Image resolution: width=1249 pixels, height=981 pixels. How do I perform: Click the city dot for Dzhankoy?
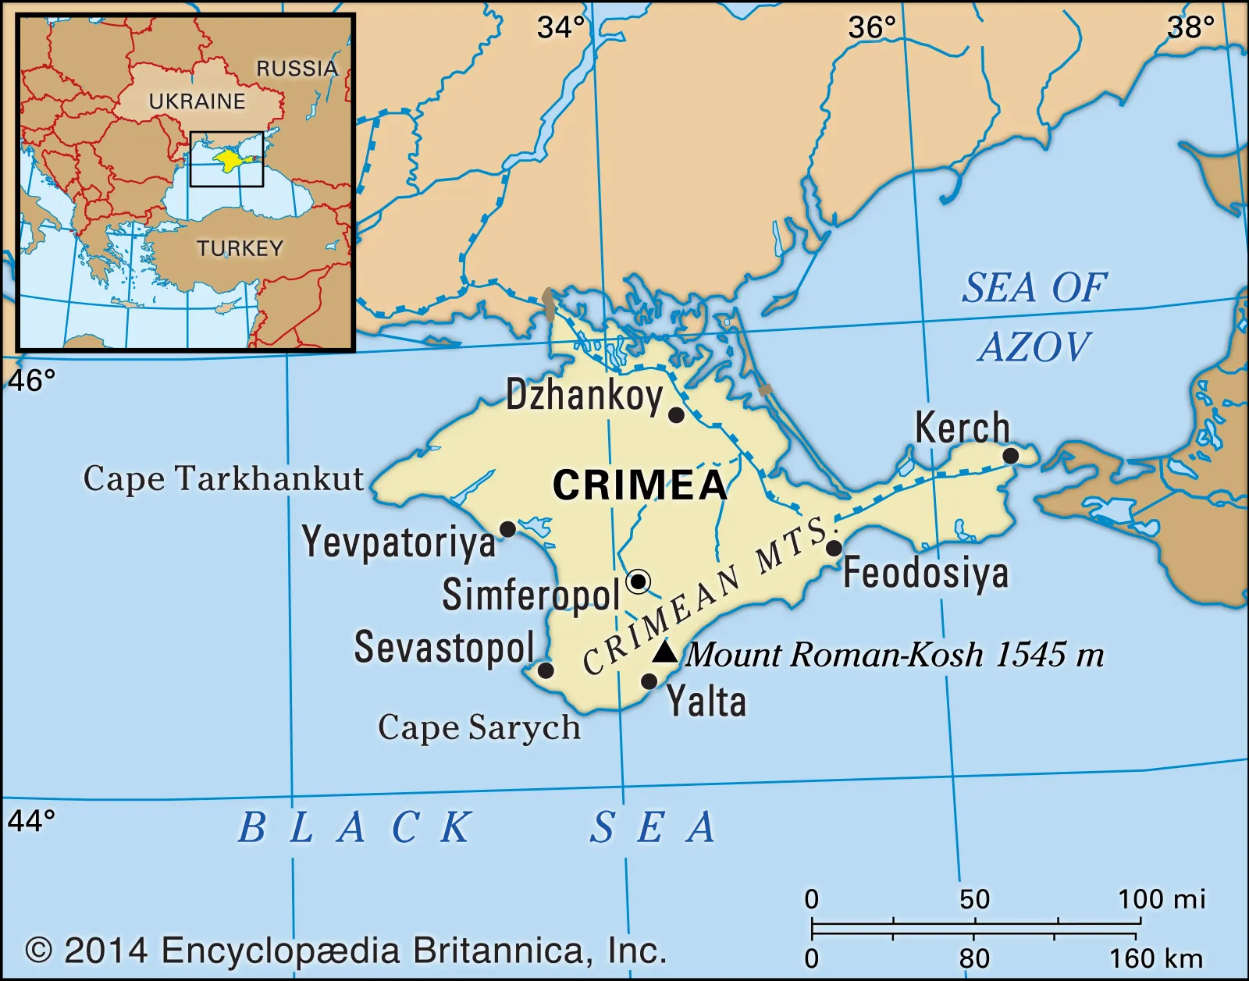[676, 415]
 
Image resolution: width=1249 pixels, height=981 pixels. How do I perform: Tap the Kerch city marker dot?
[1010, 456]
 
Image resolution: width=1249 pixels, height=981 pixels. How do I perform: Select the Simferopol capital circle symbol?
[639, 581]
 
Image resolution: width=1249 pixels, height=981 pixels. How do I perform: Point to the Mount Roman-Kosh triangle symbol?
[664, 652]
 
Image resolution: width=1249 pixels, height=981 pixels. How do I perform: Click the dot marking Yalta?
[649, 681]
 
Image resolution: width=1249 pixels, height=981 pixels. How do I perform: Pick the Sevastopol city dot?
[546, 670]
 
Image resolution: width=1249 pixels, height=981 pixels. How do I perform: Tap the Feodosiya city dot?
[834, 548]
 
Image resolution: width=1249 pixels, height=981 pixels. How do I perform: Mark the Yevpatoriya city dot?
[507, 530]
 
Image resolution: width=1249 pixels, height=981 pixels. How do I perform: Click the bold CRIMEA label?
[640, 485]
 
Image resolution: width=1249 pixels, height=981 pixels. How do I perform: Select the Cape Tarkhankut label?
[223, 479]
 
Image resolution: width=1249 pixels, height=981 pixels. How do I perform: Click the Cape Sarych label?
[479, 728]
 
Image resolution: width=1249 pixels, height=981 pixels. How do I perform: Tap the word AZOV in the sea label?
[1034, 347]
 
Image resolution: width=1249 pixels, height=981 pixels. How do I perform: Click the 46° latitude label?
[31, 381]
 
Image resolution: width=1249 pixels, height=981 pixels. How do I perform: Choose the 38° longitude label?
[1190, 28]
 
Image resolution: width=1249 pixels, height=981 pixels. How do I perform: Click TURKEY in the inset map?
[240, 248]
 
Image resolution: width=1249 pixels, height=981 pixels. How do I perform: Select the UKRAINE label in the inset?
[197, 101]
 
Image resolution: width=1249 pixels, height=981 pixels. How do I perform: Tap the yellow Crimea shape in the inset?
[230, 160]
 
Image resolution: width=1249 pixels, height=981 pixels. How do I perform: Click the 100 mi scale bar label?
[1161, 899]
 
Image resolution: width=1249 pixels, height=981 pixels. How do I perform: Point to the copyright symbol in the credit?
[39, 951]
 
